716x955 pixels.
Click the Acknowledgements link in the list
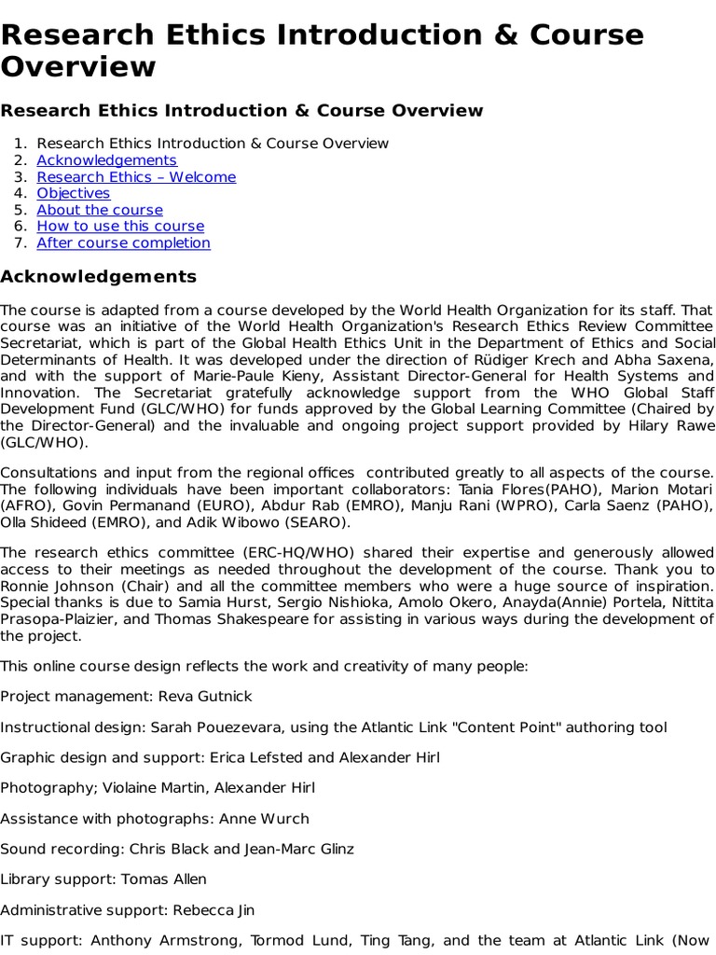(106, 160)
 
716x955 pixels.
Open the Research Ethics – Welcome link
(136, 177)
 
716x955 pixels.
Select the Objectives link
(73, 193)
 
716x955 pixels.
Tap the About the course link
(100, 210)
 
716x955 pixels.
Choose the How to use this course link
(120, 226)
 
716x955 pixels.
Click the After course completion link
(123, 242)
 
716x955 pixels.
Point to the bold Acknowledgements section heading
(98, 277)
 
